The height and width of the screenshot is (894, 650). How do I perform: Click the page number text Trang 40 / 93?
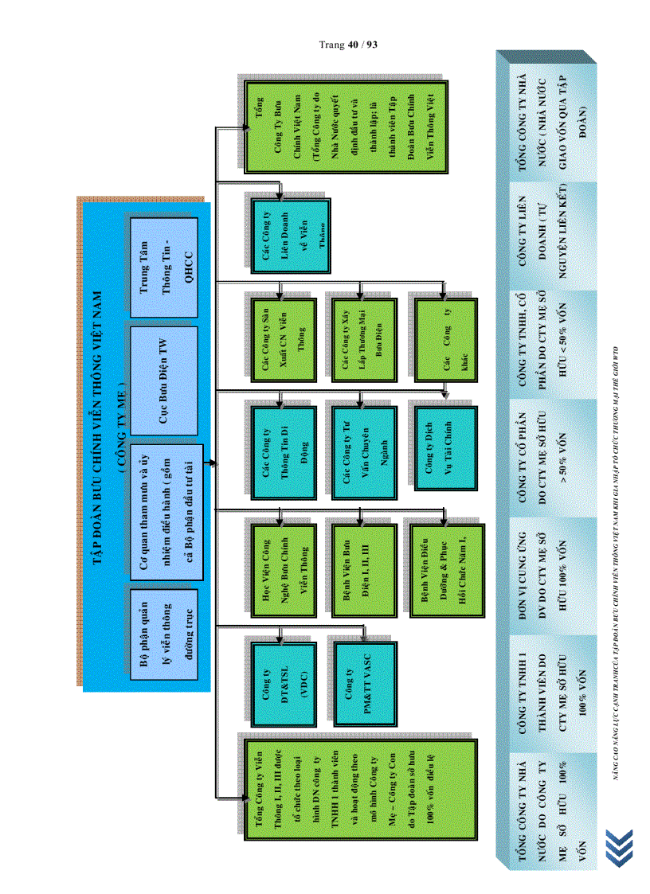(x=348, y=45)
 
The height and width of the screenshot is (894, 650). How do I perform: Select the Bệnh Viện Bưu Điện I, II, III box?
(x=360, y=568)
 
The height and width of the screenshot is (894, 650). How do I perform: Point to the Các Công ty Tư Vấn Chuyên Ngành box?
(x=362, y=451)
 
